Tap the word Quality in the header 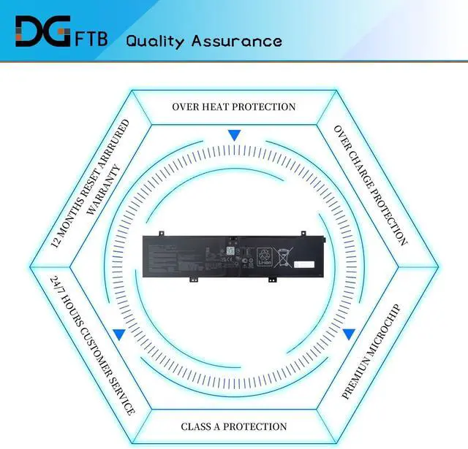point(155,39)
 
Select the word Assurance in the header point(236,39)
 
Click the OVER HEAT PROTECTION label point(234,107)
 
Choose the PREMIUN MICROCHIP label point(372,351)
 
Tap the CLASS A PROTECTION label point(234,426)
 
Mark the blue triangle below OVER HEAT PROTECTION point(234,135)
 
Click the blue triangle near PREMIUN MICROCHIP point(349,334)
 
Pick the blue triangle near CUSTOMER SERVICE point(118,334)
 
